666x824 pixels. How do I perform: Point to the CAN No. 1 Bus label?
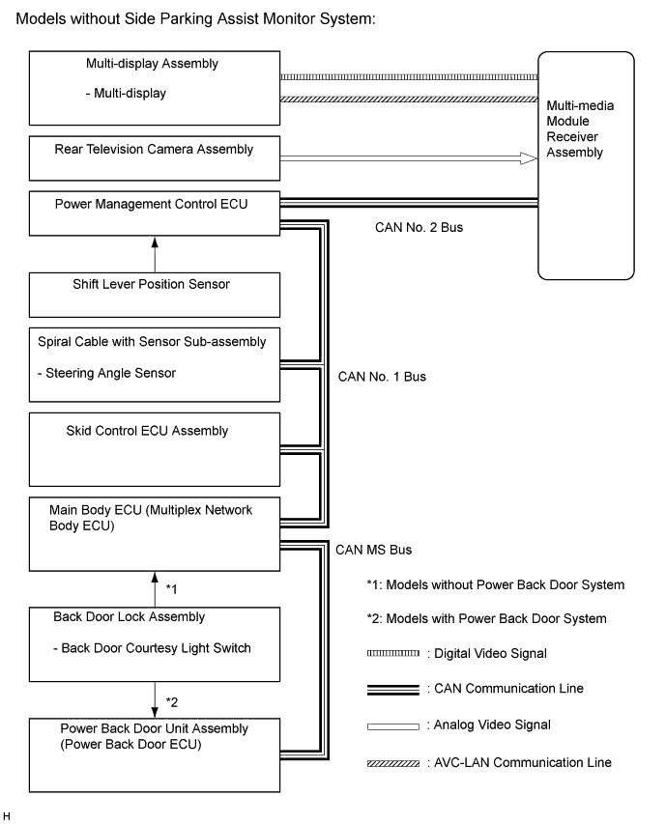pyautogui.click(x=382, y=376)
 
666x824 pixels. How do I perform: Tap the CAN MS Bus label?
pyautogui.click(x=374, y=550)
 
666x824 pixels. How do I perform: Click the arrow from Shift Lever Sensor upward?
pyautogui.click(x=154, y=255)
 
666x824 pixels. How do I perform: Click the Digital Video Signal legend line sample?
pyautogui.click(x=393, y=654)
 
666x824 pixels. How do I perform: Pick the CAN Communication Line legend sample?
pyautogui.click(x=393, y=689)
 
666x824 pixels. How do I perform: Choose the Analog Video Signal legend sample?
pyautogui.click(x=393, y=725)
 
